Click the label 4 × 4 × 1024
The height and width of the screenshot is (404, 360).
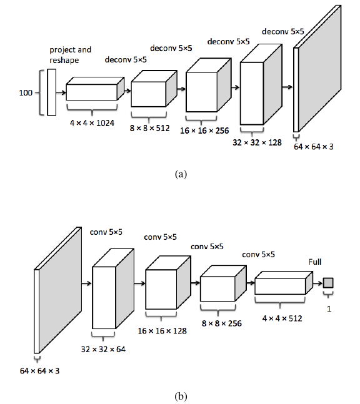tap(92, 123)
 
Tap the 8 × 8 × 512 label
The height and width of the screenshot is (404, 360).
tap(150, 128)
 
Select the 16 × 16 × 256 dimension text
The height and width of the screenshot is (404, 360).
tap(204, 131)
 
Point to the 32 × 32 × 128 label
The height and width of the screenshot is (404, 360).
tap(257, 142)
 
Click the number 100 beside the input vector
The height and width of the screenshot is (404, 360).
tap(26, 93)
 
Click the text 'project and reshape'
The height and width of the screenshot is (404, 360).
tap(71, 55)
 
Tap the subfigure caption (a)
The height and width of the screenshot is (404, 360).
tap(181, 174)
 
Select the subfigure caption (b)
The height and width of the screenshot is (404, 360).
tap(181, 396)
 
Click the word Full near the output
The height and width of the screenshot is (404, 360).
tap(315, 262)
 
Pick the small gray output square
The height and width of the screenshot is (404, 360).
tap(328, 283)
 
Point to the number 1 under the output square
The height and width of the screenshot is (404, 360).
tap(329, 308)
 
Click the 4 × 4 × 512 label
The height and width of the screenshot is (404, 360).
tap(282, 318)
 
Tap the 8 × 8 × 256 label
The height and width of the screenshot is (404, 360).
tap(222, 323)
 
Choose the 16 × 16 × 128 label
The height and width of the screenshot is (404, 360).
tap(162, 331)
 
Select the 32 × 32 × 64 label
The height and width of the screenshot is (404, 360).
tap(103, 350)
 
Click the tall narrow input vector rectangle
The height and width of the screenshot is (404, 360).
tap(52, 92)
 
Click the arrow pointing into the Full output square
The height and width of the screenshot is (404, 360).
tap(318, 283)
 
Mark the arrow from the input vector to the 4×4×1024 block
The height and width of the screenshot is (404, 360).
tap(61, 92)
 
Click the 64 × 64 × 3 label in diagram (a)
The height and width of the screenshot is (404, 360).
tap(314, 147)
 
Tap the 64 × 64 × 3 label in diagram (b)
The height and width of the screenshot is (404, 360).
tap(40, 371)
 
